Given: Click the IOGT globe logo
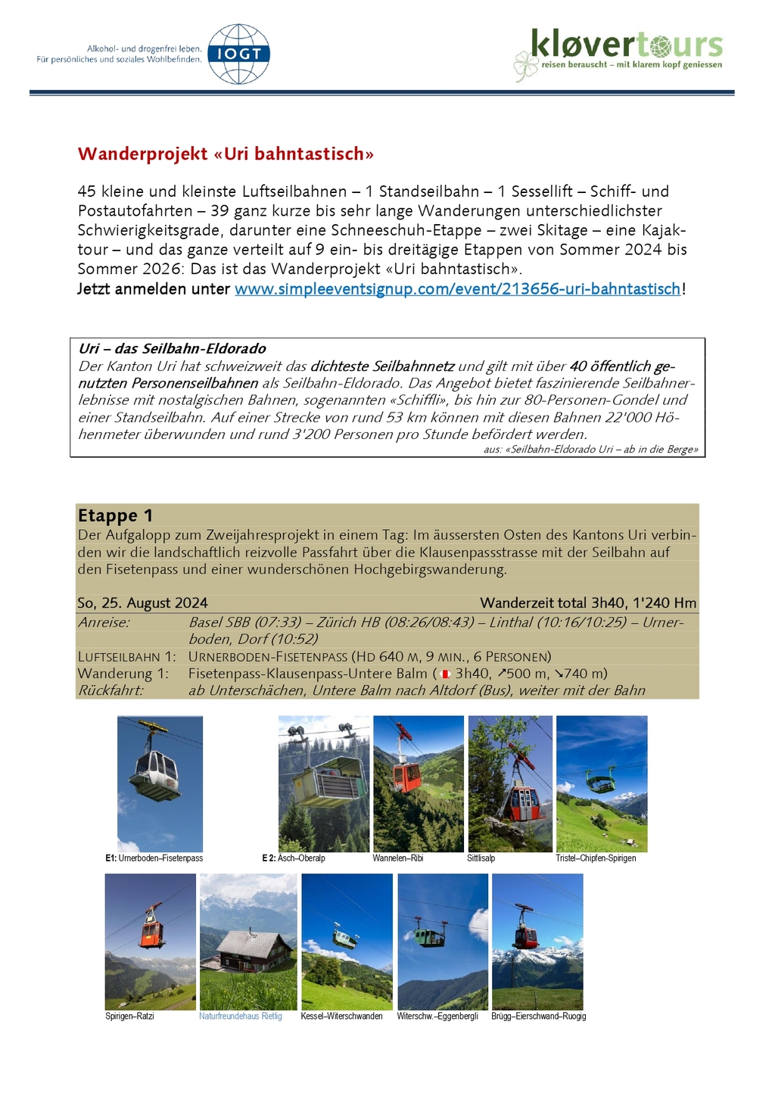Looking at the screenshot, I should tap(238, 54).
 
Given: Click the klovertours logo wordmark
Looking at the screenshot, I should tap(627, 45).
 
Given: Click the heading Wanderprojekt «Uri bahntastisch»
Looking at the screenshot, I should tap(226, 154).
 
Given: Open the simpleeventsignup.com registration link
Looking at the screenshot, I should tap(457, 288).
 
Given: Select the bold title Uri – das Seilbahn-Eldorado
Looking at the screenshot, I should tap(172, 348).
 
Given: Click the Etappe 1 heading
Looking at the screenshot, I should tap(115, 515).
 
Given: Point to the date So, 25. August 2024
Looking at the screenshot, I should tap(142, 602).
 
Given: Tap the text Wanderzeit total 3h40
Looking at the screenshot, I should tap(543, 602).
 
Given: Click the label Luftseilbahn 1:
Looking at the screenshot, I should tap(126, 656).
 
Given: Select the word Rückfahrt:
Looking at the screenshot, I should tap(110, 690).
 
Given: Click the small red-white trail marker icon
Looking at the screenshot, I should tap(445, 674).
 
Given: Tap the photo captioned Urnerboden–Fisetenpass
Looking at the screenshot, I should tap(160, 783).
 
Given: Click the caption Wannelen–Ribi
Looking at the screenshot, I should tap(397, 858).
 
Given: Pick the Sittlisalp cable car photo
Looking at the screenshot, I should tap(509, 783).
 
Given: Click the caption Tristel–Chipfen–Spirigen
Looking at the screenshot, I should tap(596, 858).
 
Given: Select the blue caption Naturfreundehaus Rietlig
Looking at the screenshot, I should tap(240, 1017).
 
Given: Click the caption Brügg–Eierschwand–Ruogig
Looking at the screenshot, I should tap(538, 1017).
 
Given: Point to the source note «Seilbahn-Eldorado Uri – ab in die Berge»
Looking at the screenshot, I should tap(601, 449).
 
